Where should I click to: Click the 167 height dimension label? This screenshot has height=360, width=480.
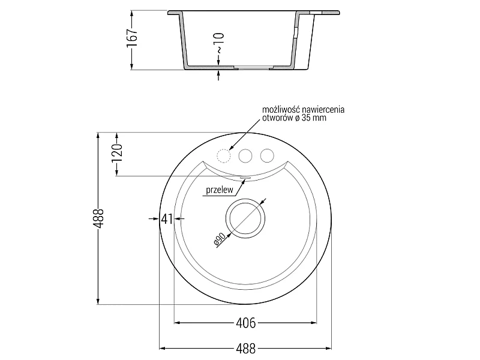tap(132, 38)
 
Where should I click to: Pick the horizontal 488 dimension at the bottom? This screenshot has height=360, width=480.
tap(246, 349)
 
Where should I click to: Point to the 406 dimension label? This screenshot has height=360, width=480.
tap(246, 323)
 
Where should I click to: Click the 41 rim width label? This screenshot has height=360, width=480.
tap(167, 218)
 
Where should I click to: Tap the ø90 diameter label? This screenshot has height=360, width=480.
tap(220, 239)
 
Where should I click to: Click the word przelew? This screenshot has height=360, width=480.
tap(220, 190)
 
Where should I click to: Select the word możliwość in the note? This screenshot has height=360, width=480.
tap(281, 110)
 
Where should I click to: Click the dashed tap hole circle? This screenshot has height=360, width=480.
tap(223, 156)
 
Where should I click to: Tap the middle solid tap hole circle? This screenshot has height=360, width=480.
tap(245, 156)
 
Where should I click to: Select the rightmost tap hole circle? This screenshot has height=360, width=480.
tap(267, 156)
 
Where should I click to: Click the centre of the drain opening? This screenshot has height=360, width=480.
tap(245, 218)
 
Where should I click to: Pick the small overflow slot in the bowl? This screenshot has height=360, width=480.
tap(245, 177)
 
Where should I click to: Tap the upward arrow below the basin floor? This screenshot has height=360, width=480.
tap(218, 76)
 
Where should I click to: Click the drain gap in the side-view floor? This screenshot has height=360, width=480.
tap(253, 68)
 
